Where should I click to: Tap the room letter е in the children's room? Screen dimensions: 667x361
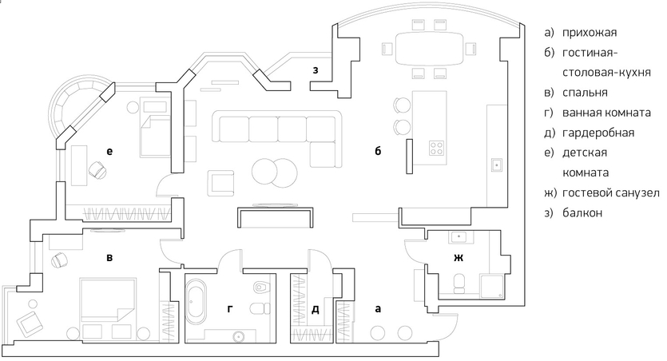pos(109,151)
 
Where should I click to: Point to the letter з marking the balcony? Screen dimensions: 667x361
pos(316,70)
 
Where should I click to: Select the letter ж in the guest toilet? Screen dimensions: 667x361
pos(459,258)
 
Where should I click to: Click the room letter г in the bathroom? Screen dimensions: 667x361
pos(230,309)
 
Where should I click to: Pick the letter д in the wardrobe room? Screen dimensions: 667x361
pos(316,310)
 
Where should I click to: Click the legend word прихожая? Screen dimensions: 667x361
pos(590,33)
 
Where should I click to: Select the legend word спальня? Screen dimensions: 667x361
pos(585,93)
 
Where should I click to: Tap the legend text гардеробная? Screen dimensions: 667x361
pos(598,133)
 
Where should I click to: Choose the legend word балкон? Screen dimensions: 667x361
pos(582,212)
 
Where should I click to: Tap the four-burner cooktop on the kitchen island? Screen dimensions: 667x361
pos(436,148)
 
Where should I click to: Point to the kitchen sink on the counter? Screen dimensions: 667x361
pos(496,164)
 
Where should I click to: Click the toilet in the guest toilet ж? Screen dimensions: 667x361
pos(459,284)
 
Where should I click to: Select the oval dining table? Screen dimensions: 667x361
pos(429,49)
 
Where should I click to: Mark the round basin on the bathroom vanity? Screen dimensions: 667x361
pos(239,337)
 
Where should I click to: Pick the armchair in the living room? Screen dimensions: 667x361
pos(220,183)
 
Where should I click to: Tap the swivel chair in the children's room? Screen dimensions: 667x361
pos(97,170)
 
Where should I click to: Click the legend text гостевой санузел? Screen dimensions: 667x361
pos(611,193)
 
